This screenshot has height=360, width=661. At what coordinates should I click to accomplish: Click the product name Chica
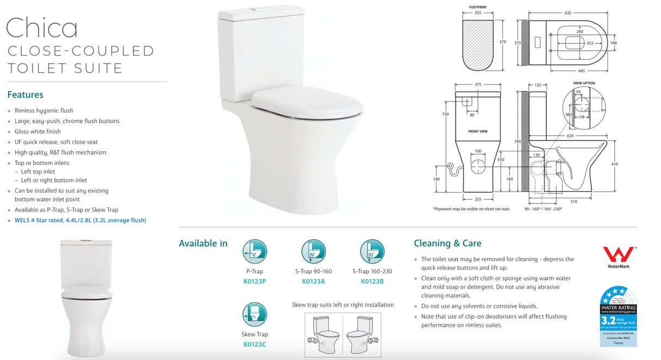pos(42,27)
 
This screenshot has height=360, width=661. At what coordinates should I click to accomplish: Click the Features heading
pos(25,95)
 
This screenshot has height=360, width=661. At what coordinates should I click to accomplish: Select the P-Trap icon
pos(254,252)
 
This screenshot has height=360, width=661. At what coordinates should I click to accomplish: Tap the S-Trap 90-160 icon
pos(314,252)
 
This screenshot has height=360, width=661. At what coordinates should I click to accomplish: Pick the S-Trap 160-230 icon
pos(372,252)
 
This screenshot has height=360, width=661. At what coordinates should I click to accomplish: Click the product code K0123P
pos(254,282)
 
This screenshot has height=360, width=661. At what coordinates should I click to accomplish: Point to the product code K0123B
pos(372,282)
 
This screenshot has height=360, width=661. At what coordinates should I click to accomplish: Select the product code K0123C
pos(254,344)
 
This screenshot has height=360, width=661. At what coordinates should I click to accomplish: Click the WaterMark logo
pos(618,256)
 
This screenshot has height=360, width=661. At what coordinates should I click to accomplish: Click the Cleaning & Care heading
pos(448,243)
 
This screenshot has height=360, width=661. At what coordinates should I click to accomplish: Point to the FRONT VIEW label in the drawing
pos(478,132)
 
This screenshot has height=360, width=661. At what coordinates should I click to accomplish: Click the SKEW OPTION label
pos(584,83)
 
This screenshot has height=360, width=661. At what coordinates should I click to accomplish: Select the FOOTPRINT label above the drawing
pos(478,8)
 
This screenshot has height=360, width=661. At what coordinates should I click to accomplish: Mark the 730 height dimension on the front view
pos(445,114)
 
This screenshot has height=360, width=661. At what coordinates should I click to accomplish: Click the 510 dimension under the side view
pos(574,202)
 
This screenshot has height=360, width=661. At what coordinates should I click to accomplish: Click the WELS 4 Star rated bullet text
pos(80,221)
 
